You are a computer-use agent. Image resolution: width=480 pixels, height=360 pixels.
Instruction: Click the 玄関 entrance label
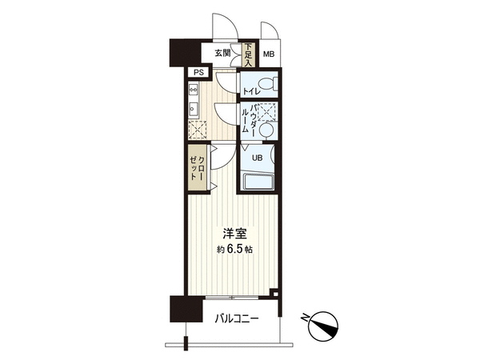pyautogui.click(x=222, y=54)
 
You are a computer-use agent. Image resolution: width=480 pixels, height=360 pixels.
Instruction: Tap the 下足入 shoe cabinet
pyautogui.click(x=248, y=54)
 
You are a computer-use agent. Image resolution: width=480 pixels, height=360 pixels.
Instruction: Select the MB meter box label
pyautogui.click(x=269, y=54)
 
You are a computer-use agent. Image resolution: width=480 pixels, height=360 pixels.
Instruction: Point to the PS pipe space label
pyautogui.click(x=198, y=73)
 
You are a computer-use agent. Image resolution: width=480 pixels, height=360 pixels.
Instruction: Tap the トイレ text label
pyautogui.click(x=252, y=91)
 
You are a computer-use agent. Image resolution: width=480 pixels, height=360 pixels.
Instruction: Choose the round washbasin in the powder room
pyautogui.click(x=266, y=130)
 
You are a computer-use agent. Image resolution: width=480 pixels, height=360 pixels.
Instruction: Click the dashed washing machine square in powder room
pyautogui.click(x=266, y=111)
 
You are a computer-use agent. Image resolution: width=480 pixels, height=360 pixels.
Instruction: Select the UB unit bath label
pyautogui.click(x=257, y=158)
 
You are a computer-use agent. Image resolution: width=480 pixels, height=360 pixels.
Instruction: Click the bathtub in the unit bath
pyautogui.click(x=258, y=182)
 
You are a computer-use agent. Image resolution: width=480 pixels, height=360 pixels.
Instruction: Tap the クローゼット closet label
pyautogui.click(x=198, y=168)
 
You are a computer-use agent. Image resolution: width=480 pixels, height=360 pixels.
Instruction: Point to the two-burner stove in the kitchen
pyautogui.click(x=194, y=90)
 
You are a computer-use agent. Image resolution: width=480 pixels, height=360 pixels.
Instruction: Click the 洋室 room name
pyautogui.click(x=234, y=234)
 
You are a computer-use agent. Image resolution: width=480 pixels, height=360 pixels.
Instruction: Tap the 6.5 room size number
pyautogui.click(x=234, y=249)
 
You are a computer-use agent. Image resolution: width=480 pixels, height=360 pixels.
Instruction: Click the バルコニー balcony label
pyautogui.click(x=237, y=319)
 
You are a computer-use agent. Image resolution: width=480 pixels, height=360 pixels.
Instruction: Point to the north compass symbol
pyautogui.click(x=323, y=326)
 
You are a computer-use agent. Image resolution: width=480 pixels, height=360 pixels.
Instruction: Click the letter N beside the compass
pyautogui.click(x=306, y=318)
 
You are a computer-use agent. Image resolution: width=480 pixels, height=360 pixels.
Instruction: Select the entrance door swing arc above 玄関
pyautogui.click(x=228, y=23)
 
